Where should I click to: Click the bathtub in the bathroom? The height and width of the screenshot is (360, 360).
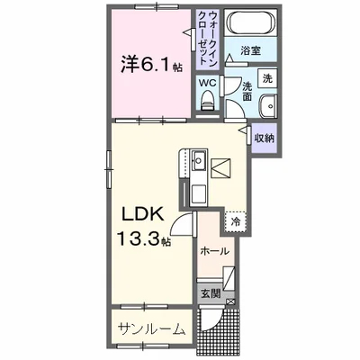pyautogui.click(x=251, y=22)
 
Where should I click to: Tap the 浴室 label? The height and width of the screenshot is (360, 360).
pyautogui.click(x=250, y=50)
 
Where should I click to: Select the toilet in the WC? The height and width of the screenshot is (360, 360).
pyautogui.click(x=206, y=100)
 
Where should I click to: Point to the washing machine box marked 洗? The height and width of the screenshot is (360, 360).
pyautogui.click(x=267, y=78)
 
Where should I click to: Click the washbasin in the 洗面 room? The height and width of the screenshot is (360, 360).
pyautogui.click(x=268, y=106)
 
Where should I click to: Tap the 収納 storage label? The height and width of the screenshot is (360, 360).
pyautogui.click(x=265, y=138)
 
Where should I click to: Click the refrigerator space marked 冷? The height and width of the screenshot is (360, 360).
pyautogui.click(x=236, y=222)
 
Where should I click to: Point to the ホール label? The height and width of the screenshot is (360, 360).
pyautogui.click(x=214, y=251)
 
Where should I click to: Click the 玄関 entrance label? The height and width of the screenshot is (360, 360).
pyautogui.click(x=211, y=293)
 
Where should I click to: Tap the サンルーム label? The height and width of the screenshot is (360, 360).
pyautogui.click(x=151, y=329)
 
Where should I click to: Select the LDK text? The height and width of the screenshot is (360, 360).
pyautogui.click(x=142, y=214)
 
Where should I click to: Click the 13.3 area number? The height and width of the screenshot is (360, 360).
pyautogui.click(x=139, y=238)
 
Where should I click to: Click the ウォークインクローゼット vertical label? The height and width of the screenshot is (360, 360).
pyautogui.click(x=208, y=38)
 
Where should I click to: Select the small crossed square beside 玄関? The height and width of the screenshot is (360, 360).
pyautogui.click(x=231, y=302)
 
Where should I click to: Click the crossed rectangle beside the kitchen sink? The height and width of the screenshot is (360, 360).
pyautogui.click(x=220, y=168)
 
